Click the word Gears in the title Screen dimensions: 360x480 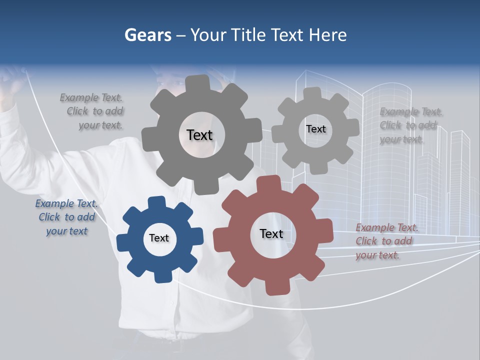click(x=147, y=35)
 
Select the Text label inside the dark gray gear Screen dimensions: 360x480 click(x=199, y=135)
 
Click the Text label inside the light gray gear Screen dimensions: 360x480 click(x=315, y=129)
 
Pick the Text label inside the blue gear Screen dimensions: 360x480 click(x=159, y=238)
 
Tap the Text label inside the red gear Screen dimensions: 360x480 click(x=271, y=233)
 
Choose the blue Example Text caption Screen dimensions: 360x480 click(x=66, y=217)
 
